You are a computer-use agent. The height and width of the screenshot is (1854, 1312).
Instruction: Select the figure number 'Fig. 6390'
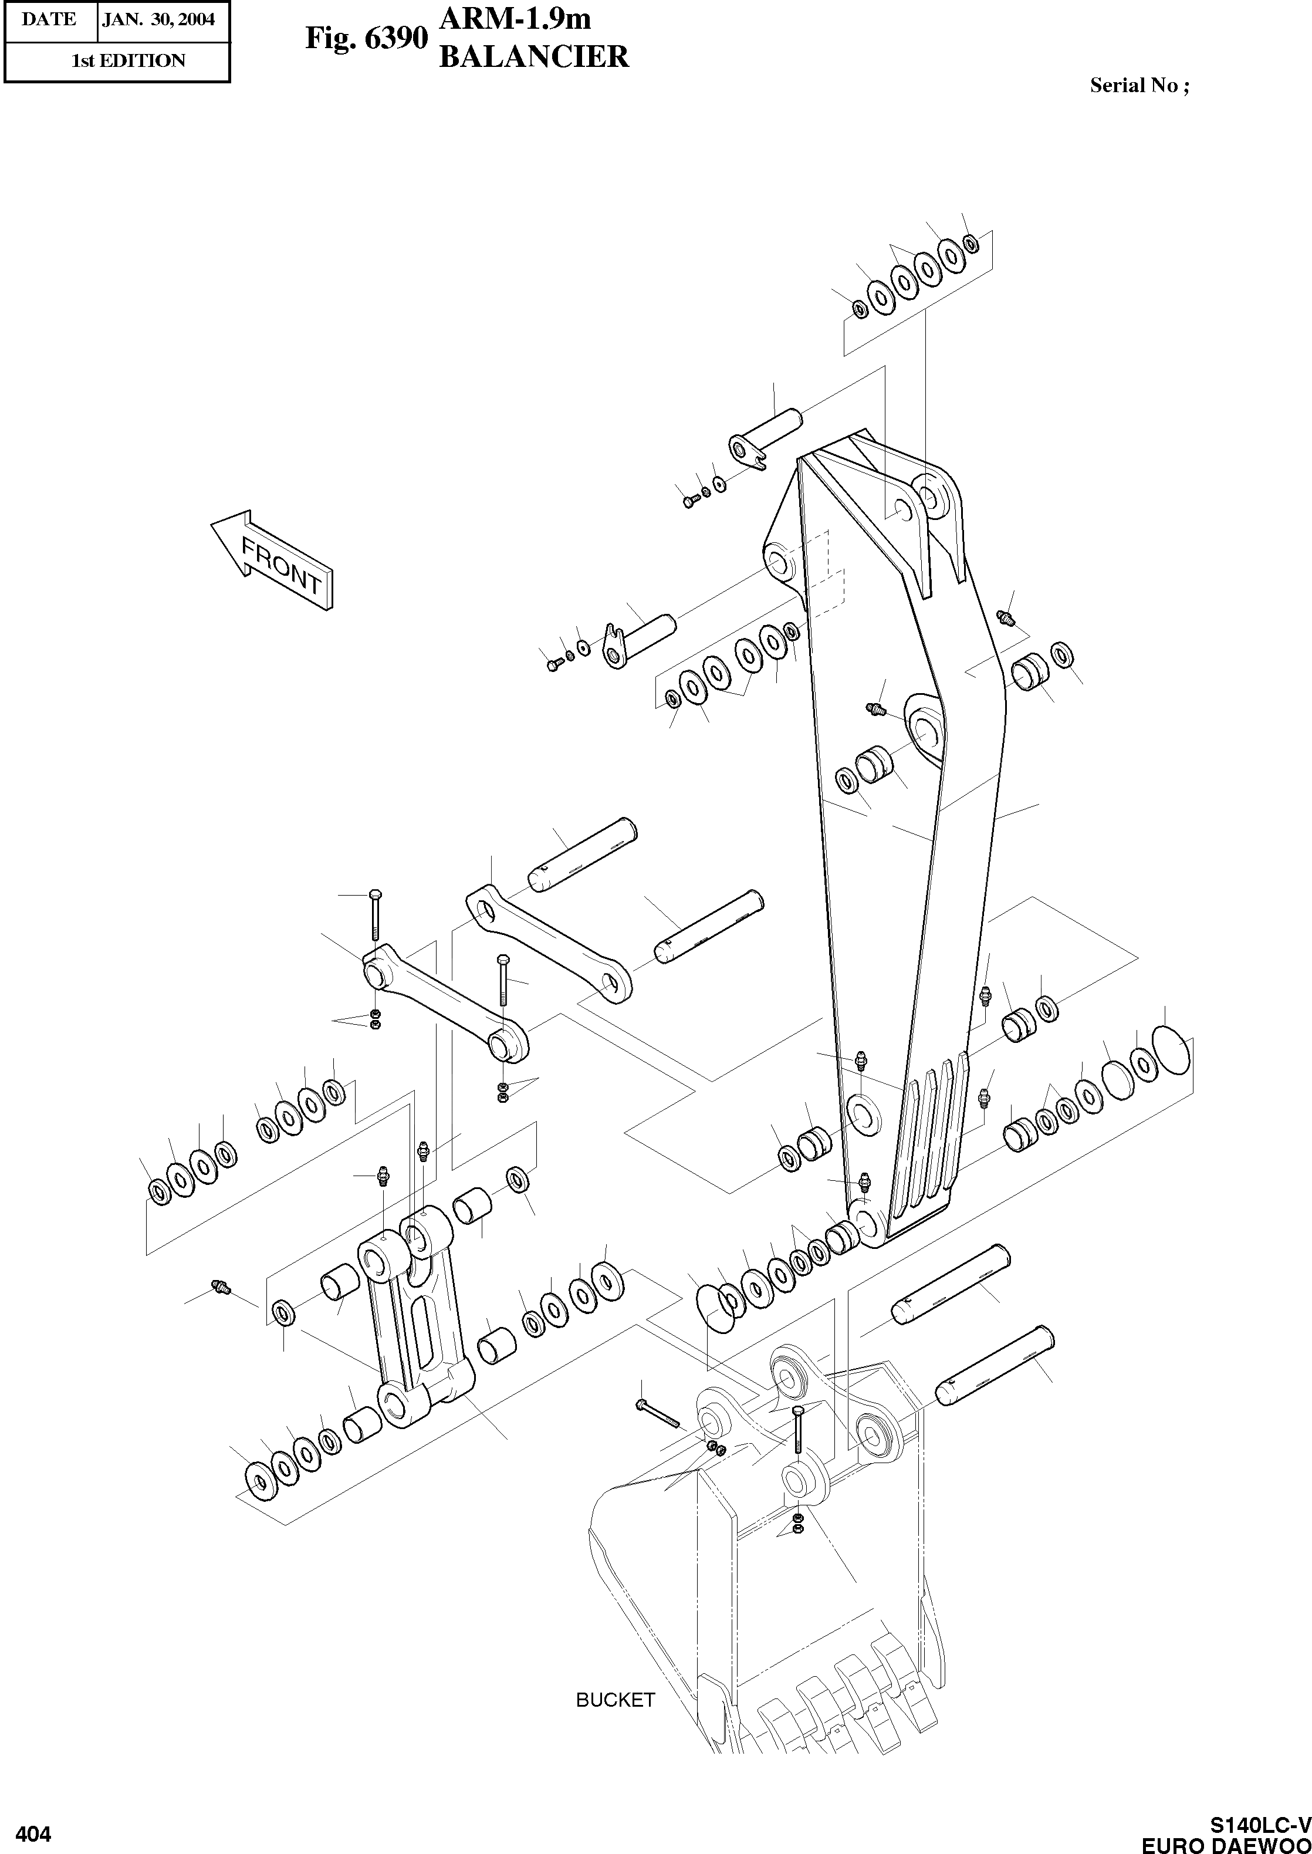tap(365, 38)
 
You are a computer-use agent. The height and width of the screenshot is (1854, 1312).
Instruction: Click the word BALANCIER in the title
tap(533, 56)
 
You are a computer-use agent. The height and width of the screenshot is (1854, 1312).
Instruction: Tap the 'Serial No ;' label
tap(1139, 86)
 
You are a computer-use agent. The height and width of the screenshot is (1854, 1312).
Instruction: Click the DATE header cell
tap(49, 19)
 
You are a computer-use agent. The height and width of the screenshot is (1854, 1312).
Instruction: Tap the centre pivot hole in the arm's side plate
tap(924, 722)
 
